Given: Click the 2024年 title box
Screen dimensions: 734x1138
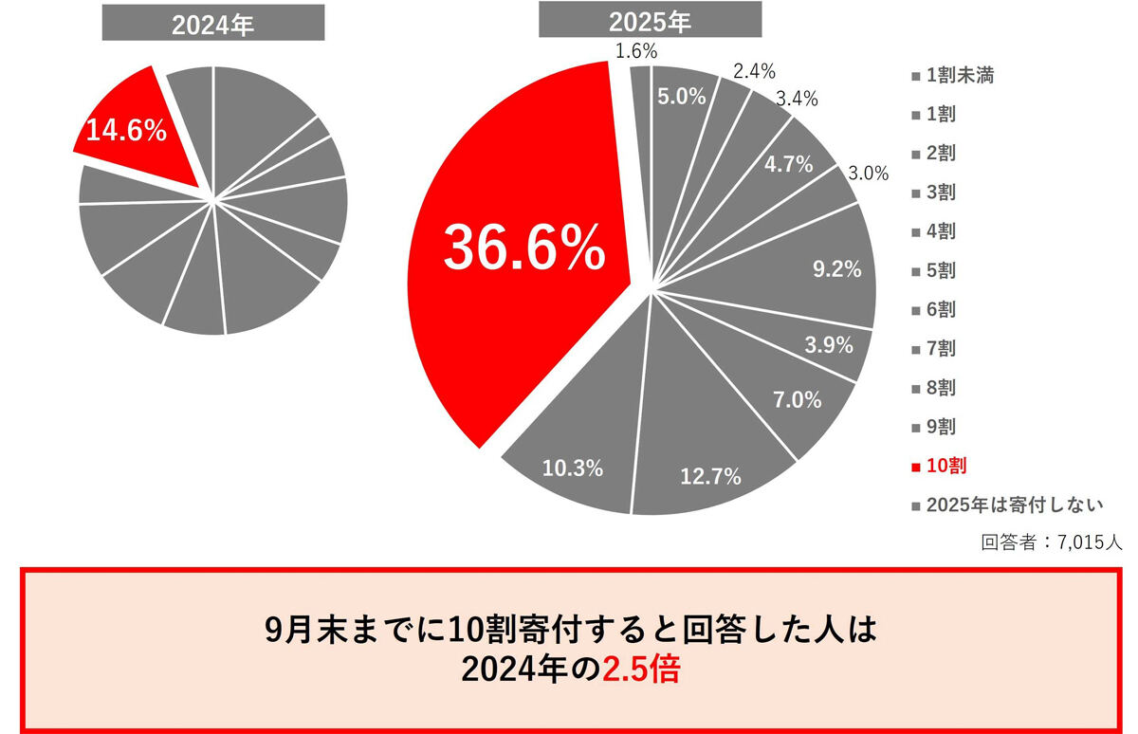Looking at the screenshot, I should point(213,25).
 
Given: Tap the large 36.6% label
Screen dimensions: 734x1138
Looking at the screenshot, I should point(524,248).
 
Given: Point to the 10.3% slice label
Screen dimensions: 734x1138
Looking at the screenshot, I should point(573,467).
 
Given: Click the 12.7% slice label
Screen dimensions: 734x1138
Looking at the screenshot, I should point(710,477).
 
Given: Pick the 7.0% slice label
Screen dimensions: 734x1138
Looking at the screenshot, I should point(798,399).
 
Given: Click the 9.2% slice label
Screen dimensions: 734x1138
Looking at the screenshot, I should point(837,269).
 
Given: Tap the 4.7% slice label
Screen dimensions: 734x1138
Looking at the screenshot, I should point(789,164).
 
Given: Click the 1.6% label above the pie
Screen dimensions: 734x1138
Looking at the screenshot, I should point(635,51).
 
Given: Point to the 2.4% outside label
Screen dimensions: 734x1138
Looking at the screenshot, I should point(754,70).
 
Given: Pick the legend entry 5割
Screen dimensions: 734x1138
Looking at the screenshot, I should point(941,271).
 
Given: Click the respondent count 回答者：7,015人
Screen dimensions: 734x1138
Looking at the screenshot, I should point(1052,543).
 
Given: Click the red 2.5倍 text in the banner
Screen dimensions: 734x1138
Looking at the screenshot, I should point(643,670).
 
